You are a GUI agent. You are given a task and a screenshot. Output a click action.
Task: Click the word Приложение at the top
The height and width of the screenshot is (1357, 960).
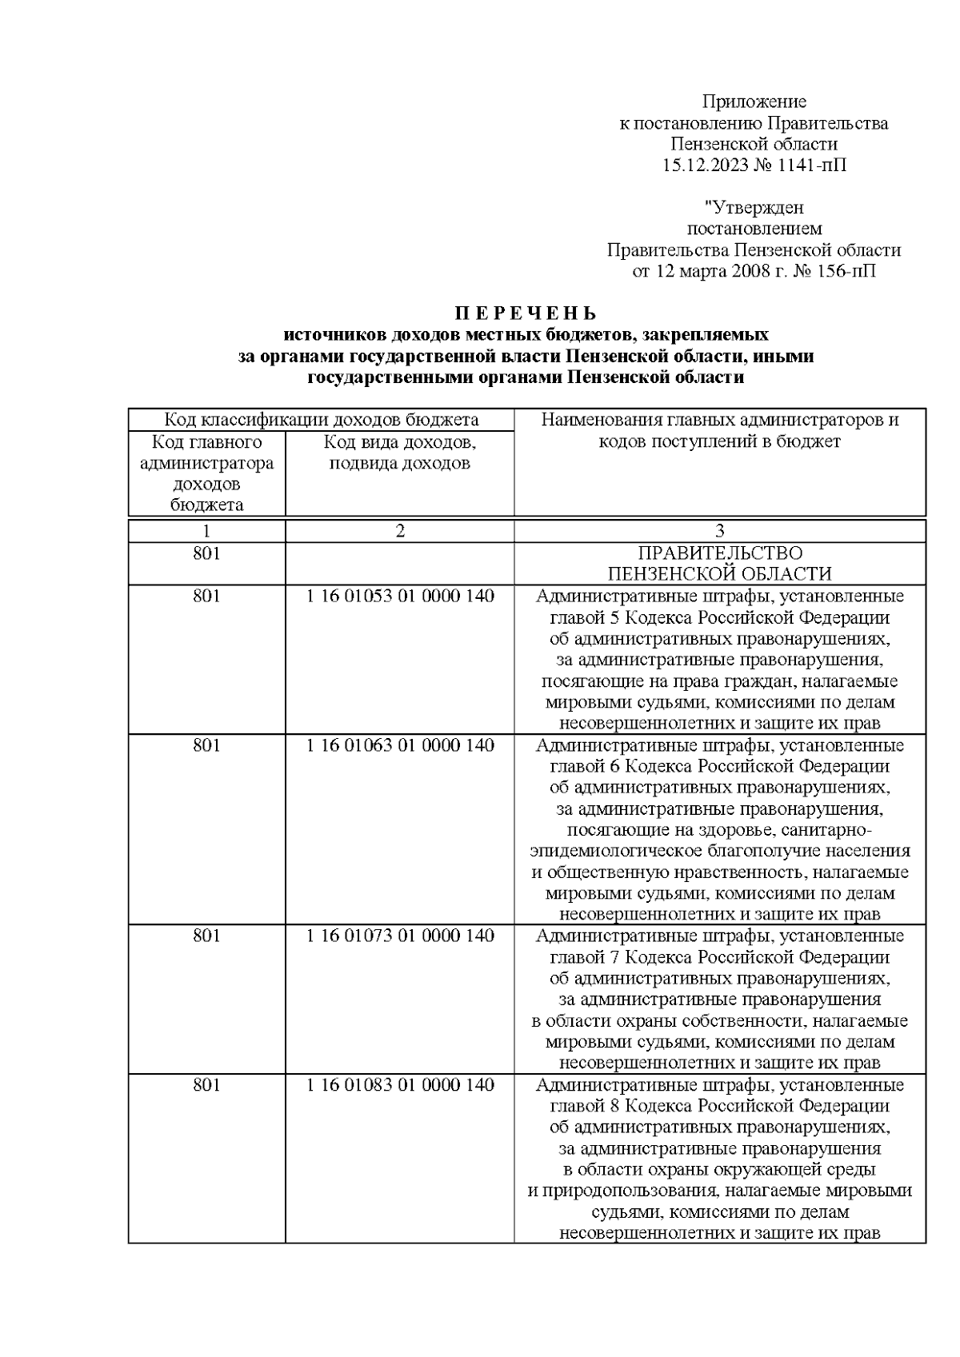754,102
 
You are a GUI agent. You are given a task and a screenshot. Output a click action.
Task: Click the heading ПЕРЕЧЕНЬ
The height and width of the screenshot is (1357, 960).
526,313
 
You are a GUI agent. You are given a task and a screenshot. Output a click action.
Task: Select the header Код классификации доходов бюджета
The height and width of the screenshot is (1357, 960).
322,420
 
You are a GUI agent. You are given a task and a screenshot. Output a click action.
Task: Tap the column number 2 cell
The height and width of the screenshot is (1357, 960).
399,531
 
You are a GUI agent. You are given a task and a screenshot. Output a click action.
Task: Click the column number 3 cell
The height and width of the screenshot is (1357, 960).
719,531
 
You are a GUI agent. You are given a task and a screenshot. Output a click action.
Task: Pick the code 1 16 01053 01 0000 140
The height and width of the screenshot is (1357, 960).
399,597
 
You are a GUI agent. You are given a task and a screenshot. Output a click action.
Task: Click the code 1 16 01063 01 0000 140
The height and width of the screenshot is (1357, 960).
399,745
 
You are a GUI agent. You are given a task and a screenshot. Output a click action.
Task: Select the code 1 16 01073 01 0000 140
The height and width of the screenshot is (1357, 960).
399,936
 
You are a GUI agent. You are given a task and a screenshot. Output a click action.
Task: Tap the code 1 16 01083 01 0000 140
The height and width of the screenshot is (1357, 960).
399,1085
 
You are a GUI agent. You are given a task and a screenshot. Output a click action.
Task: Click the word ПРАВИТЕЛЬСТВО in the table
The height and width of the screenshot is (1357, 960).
719,553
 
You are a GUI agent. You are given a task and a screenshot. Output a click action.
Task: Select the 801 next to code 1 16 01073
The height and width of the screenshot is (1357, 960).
206,936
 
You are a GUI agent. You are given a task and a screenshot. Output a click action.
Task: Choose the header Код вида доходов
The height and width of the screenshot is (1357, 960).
399,442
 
